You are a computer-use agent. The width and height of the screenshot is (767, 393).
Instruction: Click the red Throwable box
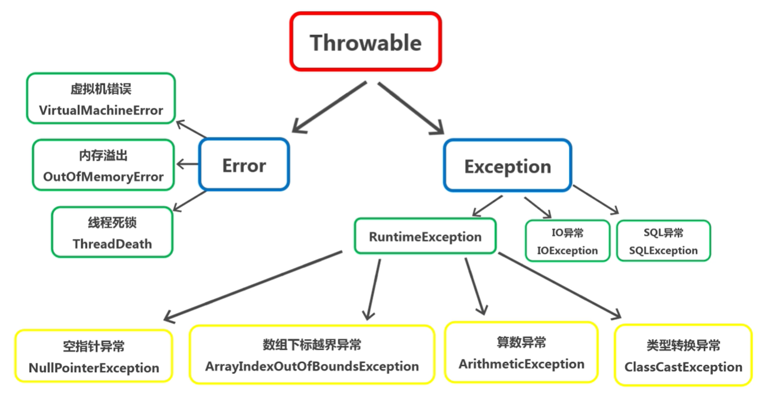coord(365,42)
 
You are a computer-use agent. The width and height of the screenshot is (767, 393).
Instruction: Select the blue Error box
coord(244,165)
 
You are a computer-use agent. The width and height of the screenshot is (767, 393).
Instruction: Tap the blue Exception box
coord(507,166)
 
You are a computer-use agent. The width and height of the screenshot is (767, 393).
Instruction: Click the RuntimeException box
coord(425,236)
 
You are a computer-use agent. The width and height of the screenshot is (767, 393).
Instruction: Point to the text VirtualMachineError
coord(101,110)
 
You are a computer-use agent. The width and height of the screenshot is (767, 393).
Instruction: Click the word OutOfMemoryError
coord(103,177)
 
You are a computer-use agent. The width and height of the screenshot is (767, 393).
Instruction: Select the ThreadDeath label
coord(112,244)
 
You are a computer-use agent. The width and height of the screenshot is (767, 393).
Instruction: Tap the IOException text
coord(567,250)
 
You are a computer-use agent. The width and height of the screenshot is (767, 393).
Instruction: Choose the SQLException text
coord(663,250)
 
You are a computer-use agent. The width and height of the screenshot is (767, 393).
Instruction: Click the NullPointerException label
coord(94,367)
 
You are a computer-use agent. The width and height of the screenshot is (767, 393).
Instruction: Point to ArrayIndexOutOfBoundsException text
coord(312,366)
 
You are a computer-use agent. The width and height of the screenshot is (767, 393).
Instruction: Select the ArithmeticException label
coord(521,364)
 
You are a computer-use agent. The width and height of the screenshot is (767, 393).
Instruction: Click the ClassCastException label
coord(683,367)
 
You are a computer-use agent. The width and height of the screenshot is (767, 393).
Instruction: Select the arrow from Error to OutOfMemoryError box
coord(187,164)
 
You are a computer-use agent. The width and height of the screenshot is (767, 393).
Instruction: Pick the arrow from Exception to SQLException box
coord(596,200)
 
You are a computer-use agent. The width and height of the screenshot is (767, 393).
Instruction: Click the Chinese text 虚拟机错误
coord(101,89)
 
